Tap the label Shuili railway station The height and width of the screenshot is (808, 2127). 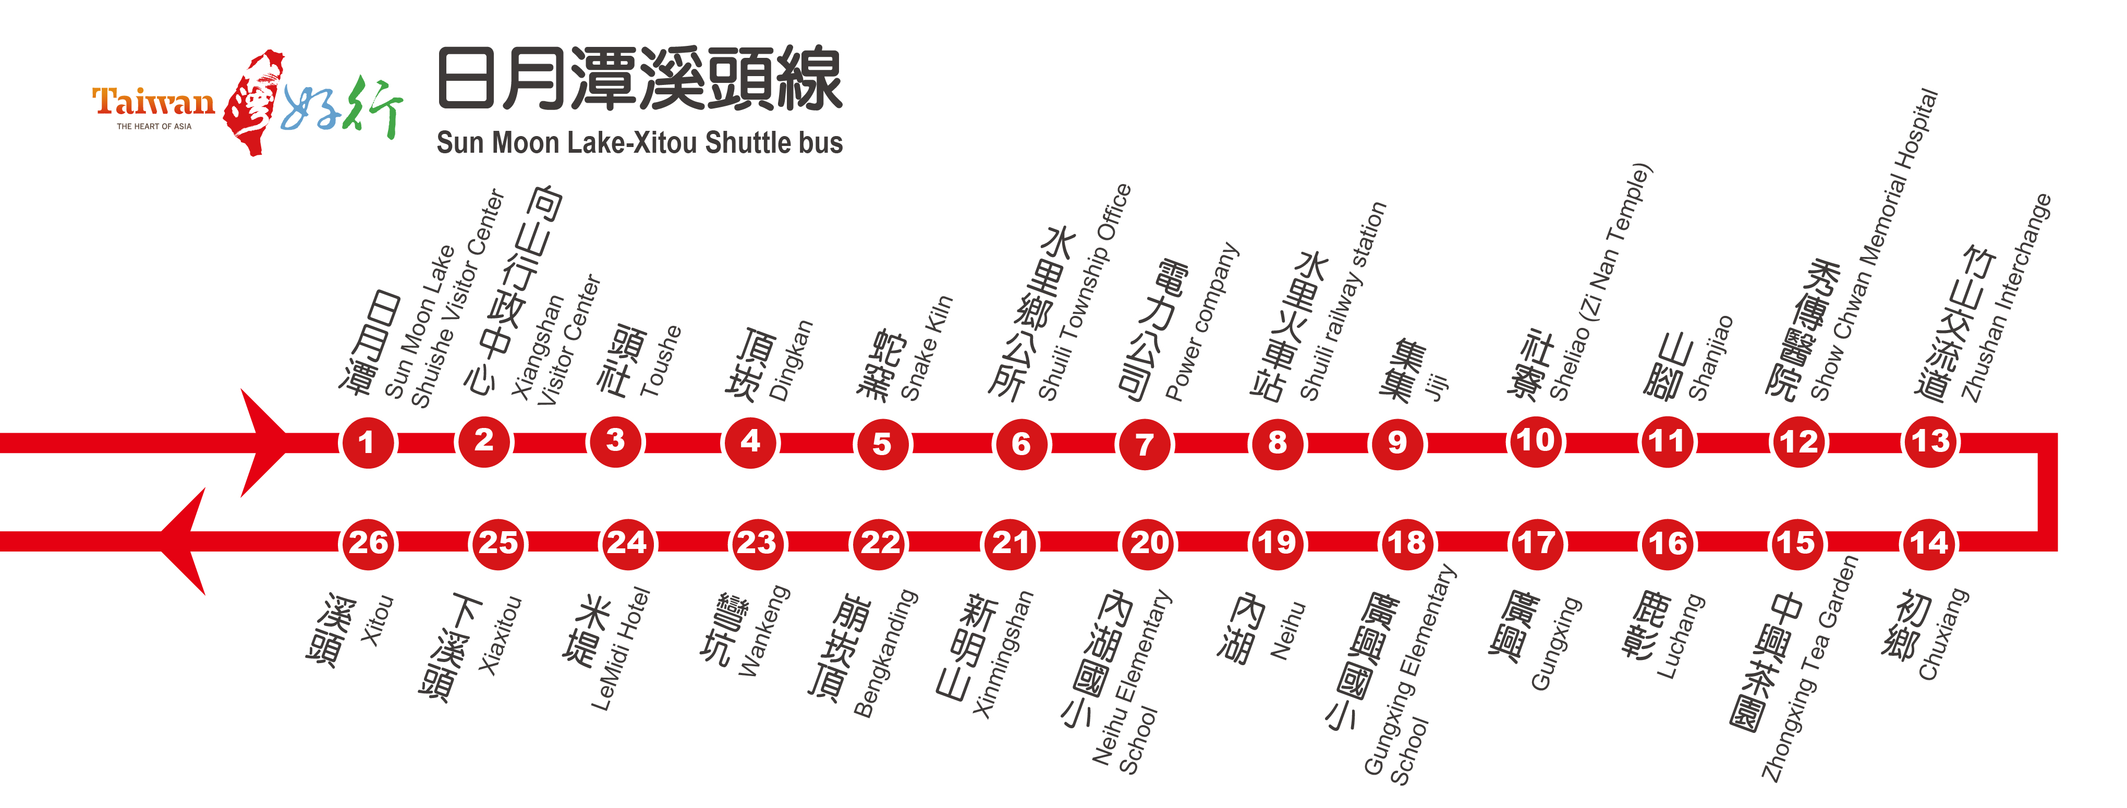1343,302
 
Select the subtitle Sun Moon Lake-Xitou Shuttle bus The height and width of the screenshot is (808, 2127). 639,143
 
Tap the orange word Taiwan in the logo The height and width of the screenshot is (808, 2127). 154,102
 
